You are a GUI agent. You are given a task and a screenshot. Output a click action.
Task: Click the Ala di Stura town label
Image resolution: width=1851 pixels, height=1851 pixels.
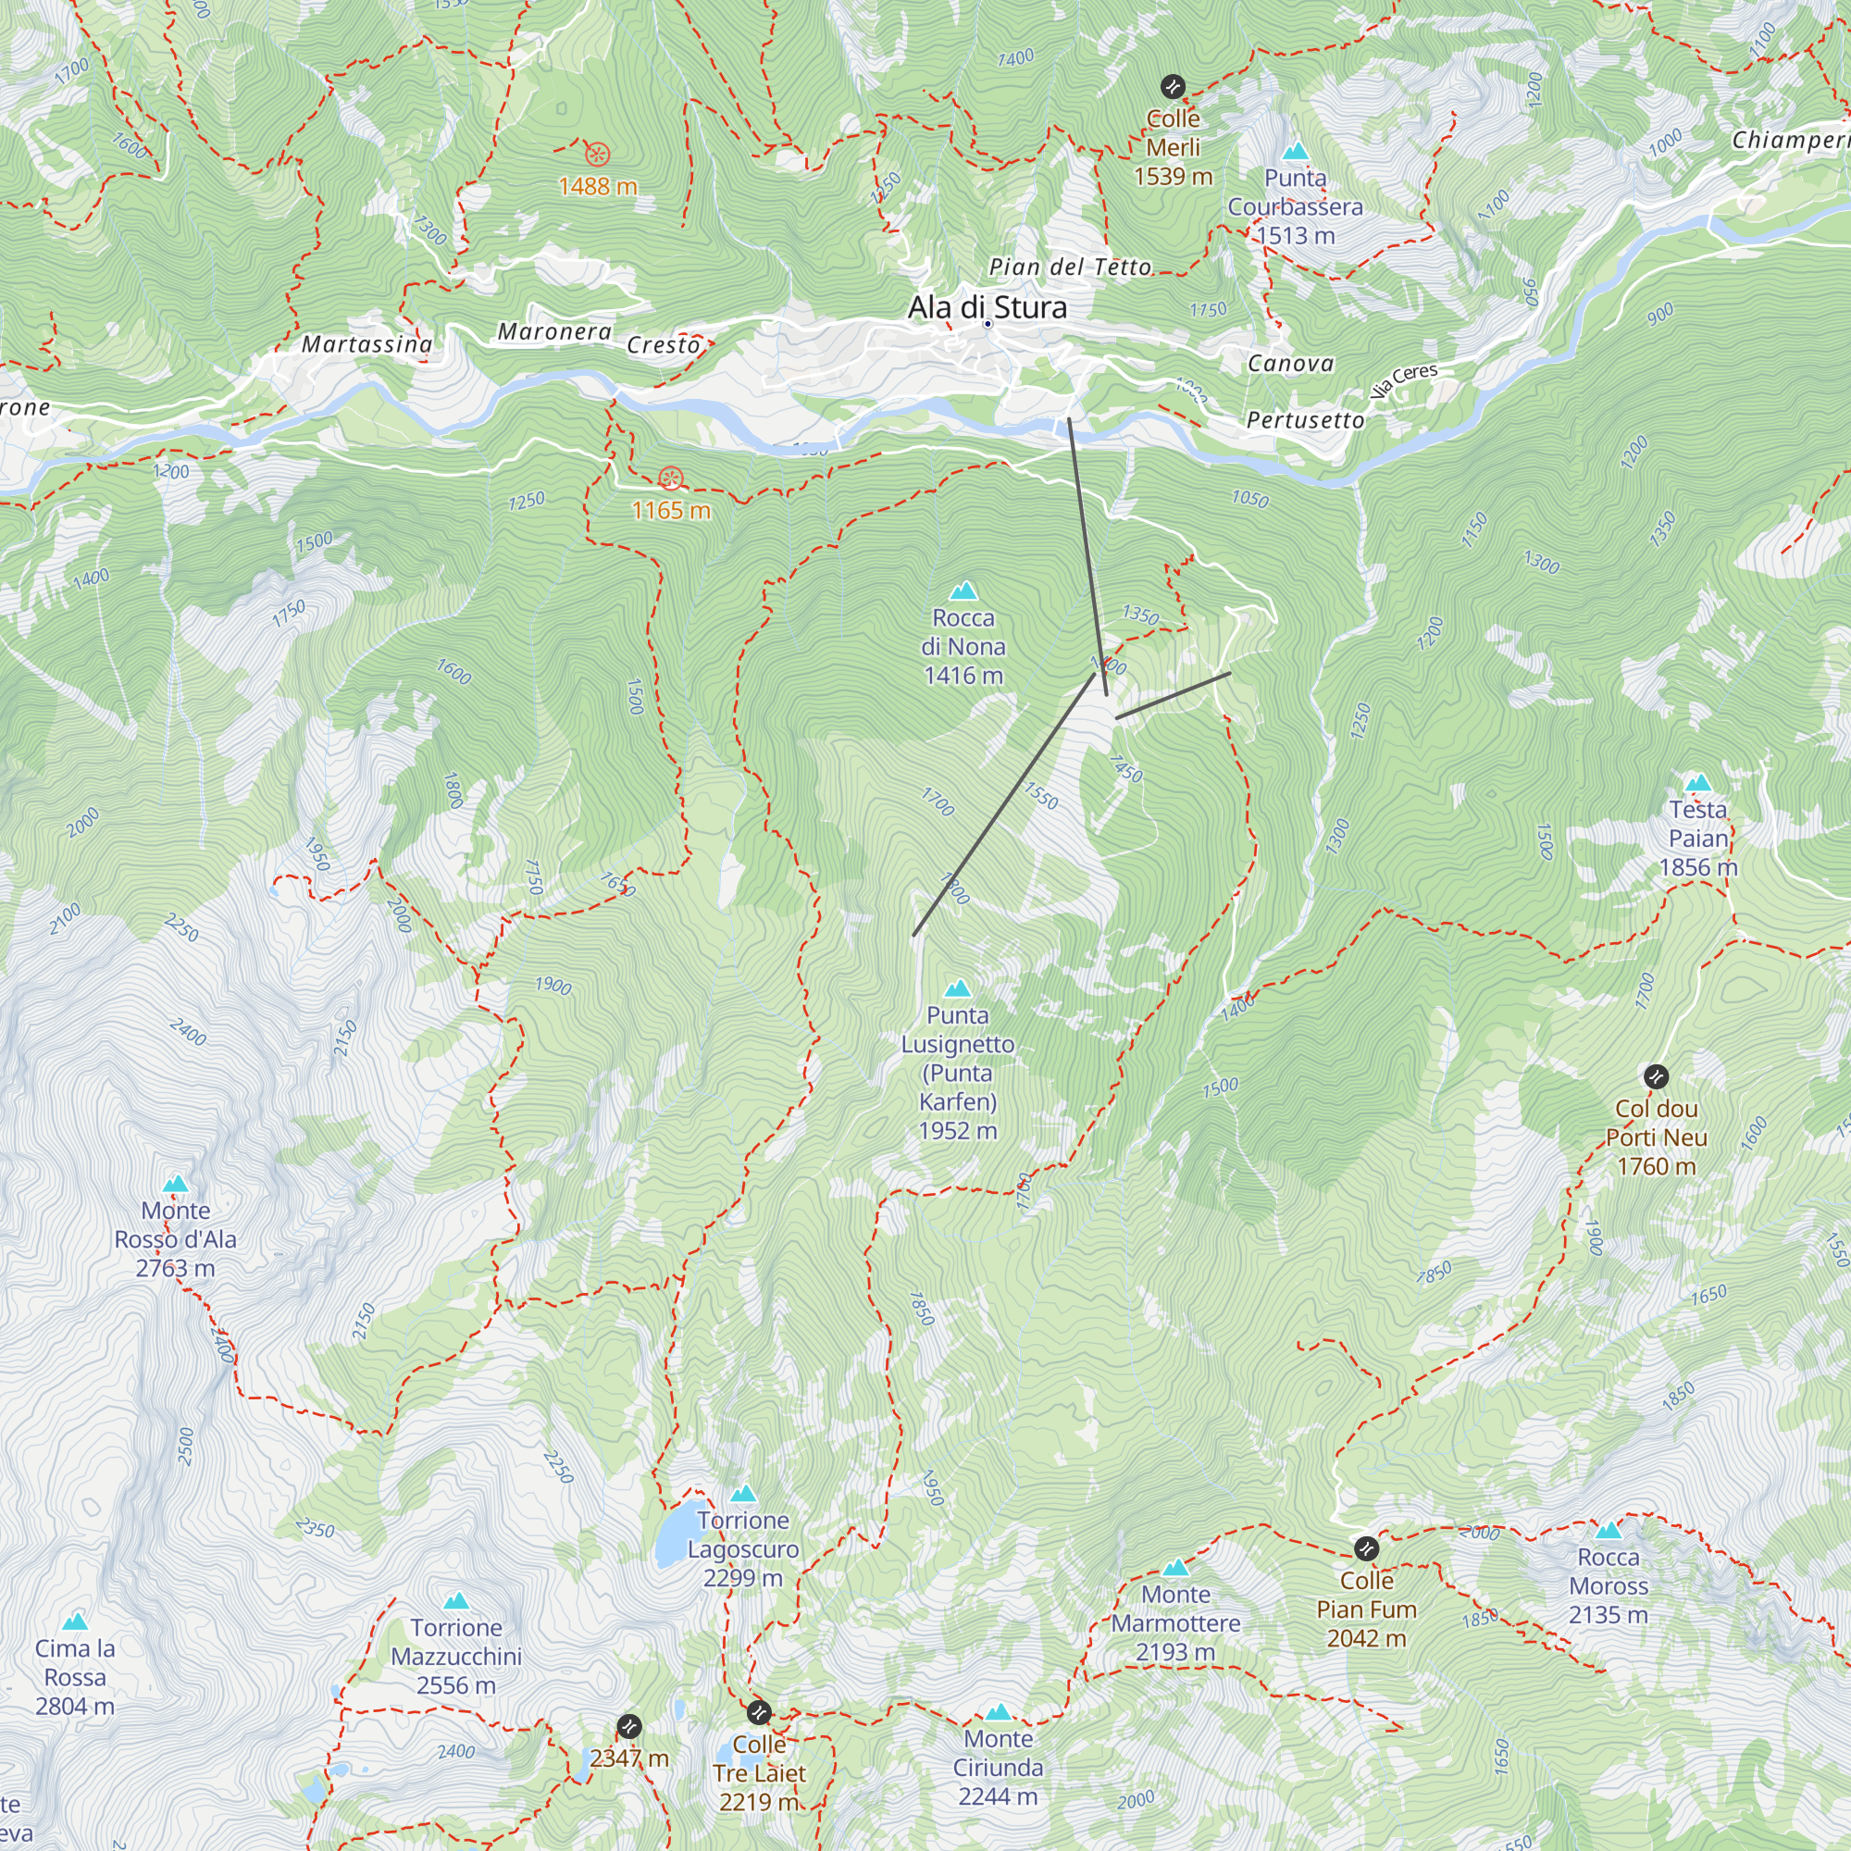(987, 307)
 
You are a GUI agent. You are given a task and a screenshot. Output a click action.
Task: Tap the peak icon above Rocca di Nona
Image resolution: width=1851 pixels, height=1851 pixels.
(963, 591)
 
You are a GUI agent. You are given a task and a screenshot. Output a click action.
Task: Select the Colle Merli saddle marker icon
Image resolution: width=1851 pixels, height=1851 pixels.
(1173, 87)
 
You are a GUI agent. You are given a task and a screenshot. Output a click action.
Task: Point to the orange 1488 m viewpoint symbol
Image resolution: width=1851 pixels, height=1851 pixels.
(597, 155)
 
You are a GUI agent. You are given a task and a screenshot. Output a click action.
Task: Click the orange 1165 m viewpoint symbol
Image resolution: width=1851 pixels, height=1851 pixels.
(671, 478)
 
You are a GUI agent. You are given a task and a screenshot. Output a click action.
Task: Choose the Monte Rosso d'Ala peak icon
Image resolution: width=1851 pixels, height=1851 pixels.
(175, 1185)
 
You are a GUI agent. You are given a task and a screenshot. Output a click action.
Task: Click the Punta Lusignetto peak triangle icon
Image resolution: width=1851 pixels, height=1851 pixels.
(957, 988)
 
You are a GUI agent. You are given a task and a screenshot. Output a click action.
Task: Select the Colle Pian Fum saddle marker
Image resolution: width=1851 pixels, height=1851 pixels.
(1366, 1548)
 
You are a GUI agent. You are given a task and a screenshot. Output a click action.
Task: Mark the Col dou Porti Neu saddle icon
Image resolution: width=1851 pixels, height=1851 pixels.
(1656, 1077)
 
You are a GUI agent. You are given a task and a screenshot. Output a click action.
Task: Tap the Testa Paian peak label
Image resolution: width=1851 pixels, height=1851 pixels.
(1697, 839)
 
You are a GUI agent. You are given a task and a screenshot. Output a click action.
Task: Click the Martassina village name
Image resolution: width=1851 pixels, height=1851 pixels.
(366, 344)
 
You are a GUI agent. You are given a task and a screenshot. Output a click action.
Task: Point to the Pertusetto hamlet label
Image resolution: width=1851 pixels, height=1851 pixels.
(1305, 420)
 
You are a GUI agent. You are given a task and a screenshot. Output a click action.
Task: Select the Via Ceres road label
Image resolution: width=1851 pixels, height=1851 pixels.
(1404, 380)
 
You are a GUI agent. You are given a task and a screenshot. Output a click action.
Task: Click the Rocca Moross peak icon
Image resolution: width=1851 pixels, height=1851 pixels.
(1609, 1530)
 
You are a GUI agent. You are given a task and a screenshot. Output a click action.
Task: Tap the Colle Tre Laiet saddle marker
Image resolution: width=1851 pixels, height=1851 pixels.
(758, 1712)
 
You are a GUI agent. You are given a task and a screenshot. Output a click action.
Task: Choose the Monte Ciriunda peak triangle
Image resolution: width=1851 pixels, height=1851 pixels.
(998, 1712)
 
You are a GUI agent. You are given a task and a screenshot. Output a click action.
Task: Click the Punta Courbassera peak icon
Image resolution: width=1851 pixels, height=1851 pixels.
(1296, 152)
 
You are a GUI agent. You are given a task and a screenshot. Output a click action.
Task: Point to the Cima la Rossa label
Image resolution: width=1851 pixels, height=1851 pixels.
(75, 1677)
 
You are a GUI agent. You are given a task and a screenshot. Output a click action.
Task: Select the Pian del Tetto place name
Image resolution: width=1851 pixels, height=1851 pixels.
(1069, 267)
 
